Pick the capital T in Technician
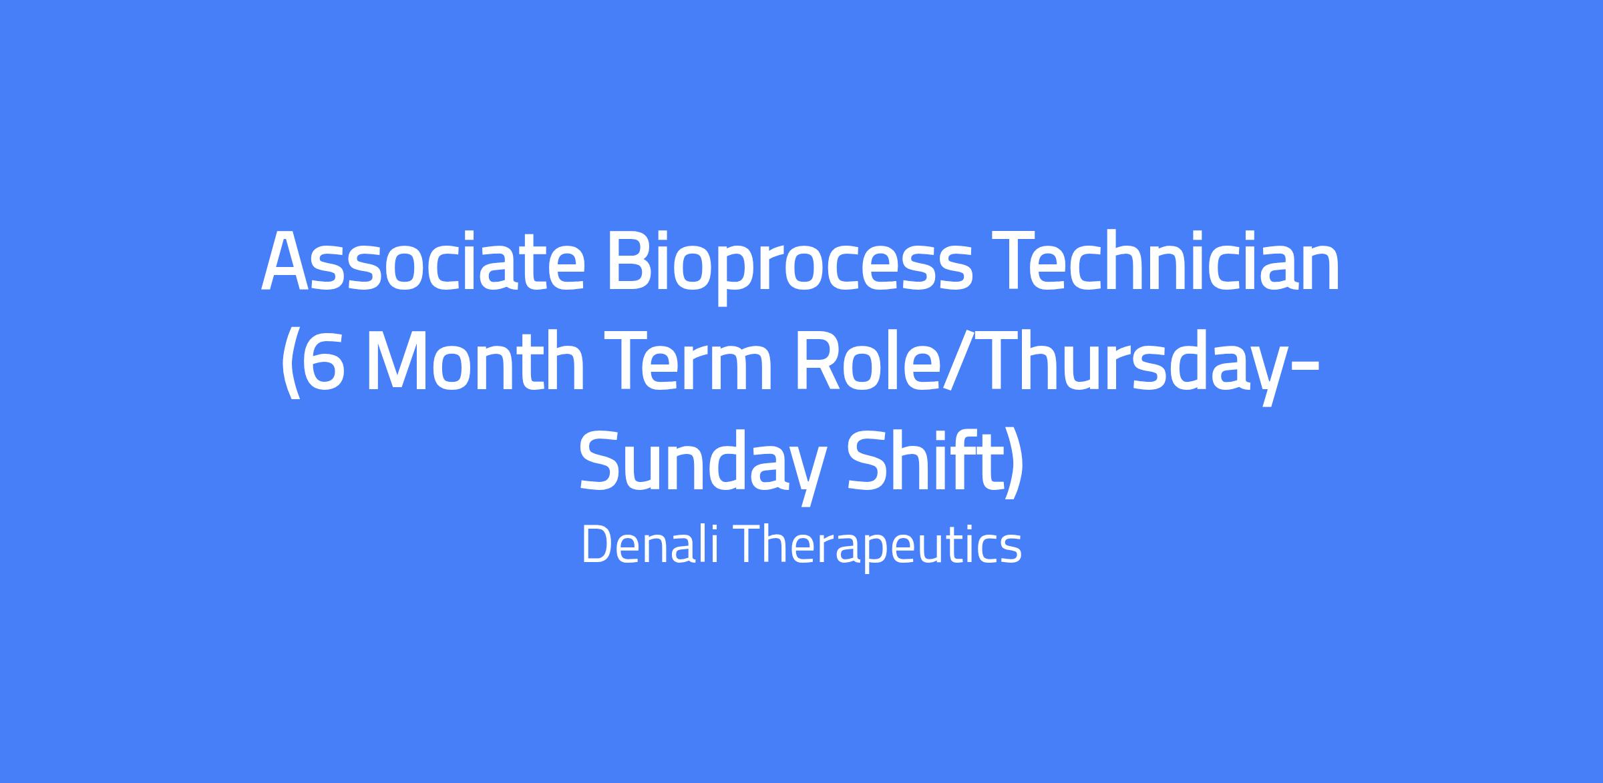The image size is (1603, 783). tap(1015, 260)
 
